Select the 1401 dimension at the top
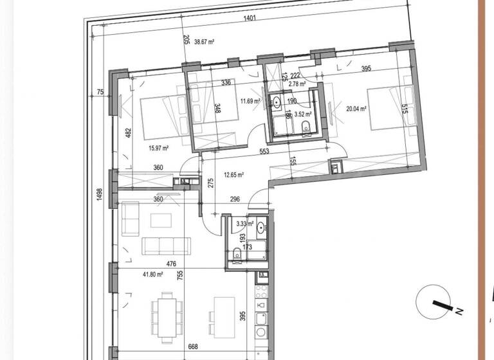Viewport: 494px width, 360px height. (250, 18)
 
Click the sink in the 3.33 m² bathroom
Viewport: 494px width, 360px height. (261, 227)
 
